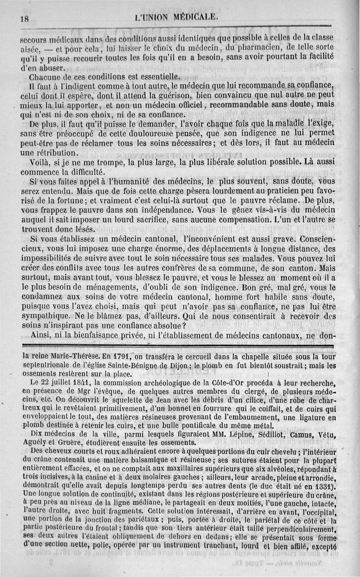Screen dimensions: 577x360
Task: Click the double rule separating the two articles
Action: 180,345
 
